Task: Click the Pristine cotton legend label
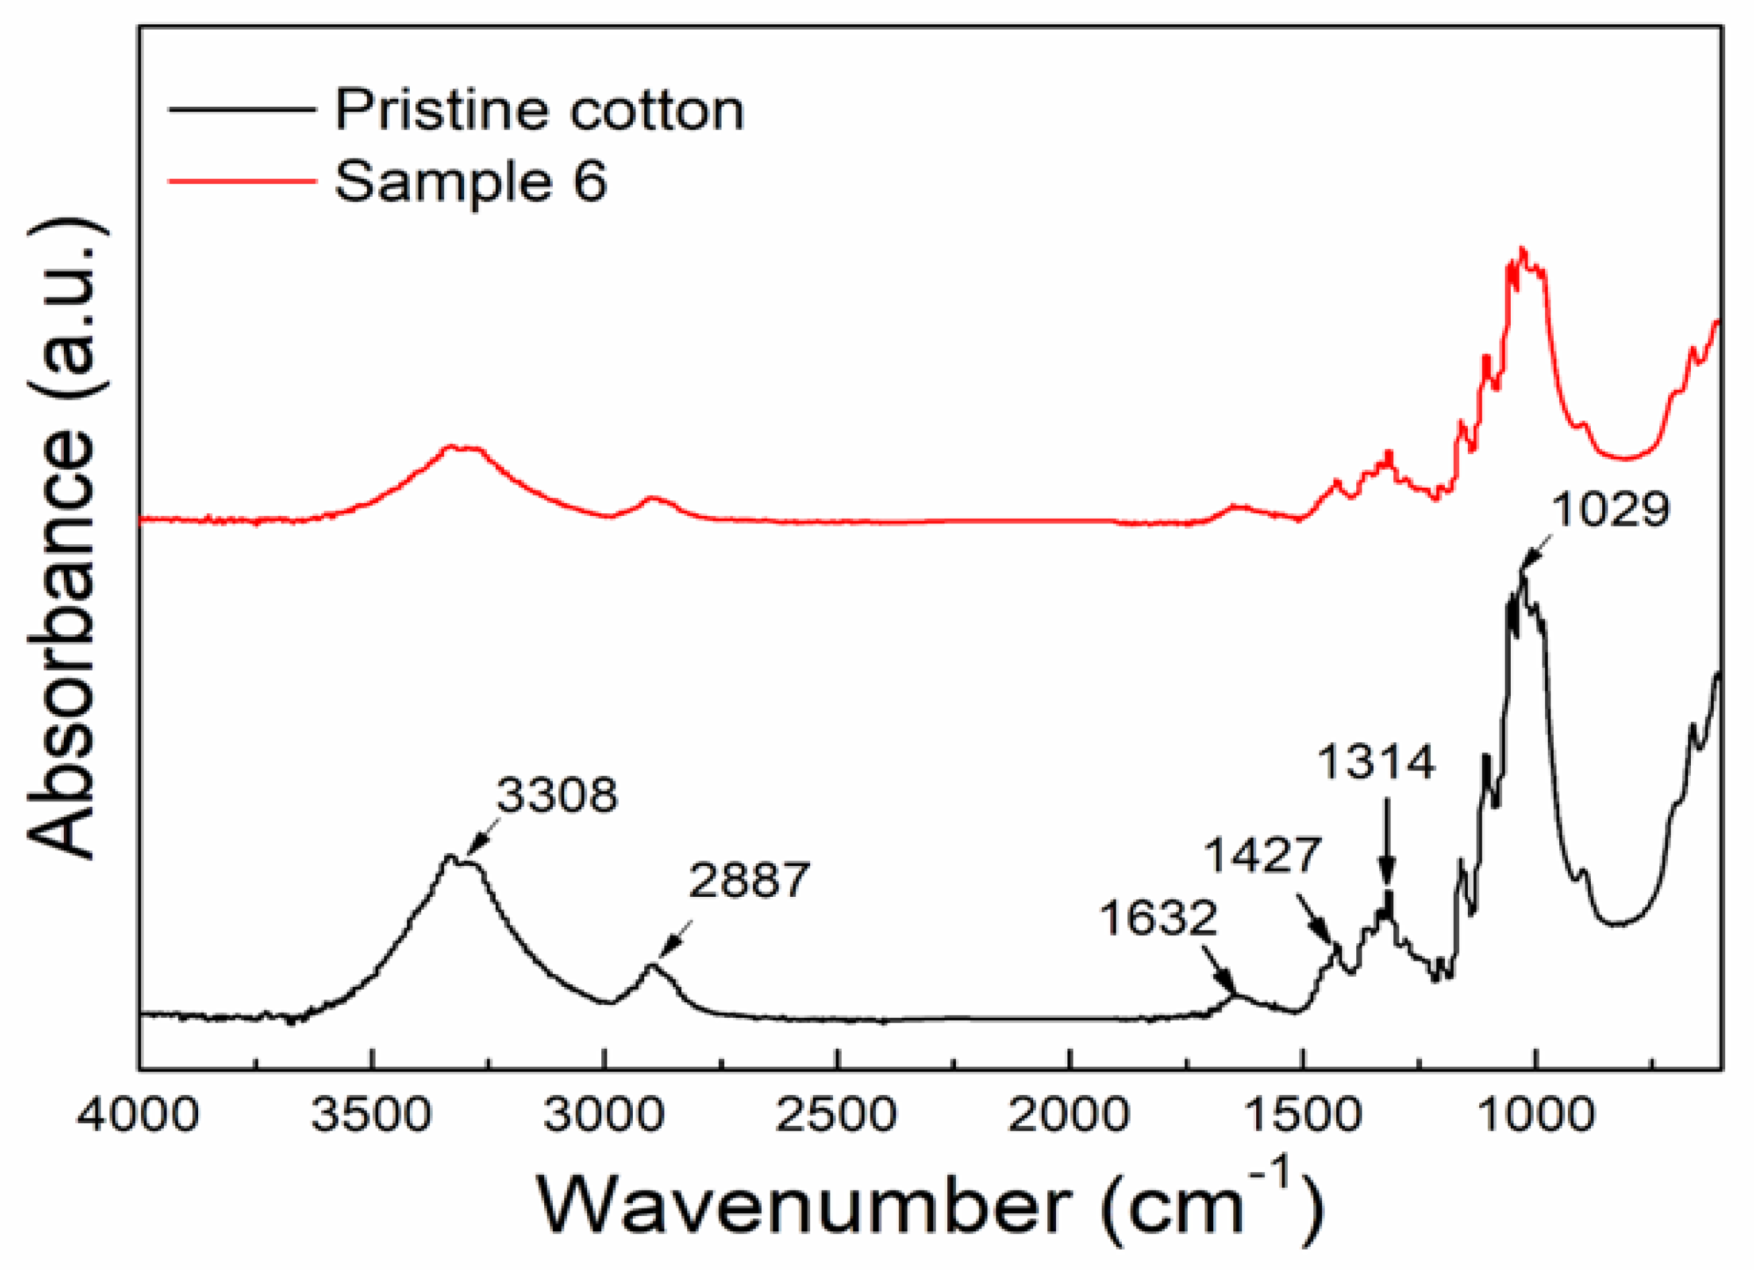coord(539,111)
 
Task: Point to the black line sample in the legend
coord(242,110)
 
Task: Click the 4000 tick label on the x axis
coord(138,1116)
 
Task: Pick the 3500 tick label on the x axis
coord(371,1116)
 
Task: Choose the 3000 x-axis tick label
coord(604,1116)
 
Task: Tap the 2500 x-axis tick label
coord(837,1116)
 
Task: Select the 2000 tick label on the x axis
coord(1069,1116)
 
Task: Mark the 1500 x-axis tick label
coord(1303,1116)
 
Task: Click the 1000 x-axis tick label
coord(1535,1116)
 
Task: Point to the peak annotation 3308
coord(557,795)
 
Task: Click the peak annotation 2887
coord(748,880)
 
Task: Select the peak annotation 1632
coord(1157,919)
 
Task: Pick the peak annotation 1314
coord(1376,762)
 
